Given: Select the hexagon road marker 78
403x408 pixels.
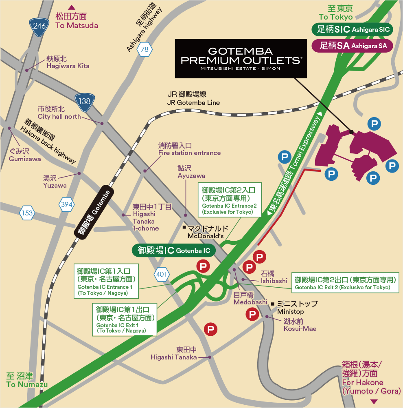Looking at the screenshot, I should pos(144,50).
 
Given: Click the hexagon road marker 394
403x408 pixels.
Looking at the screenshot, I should pos(67,204).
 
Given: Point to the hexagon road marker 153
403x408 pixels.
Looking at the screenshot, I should pos(27,213).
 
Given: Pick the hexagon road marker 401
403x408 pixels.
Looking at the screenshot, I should pos(161,274).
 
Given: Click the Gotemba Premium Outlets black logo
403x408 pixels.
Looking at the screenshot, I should pos(241,58).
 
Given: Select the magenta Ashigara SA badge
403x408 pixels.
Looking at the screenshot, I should pos(352,45).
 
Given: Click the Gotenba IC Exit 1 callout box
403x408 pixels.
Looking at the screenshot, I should pos(125,319).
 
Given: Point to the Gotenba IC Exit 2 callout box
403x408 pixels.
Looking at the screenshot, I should pos(345,284).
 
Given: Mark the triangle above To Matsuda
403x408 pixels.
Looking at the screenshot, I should pos(72,7).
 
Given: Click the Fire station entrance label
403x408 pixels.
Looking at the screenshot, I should pos(189,149).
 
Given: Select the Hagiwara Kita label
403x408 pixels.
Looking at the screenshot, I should pos(68,62).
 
